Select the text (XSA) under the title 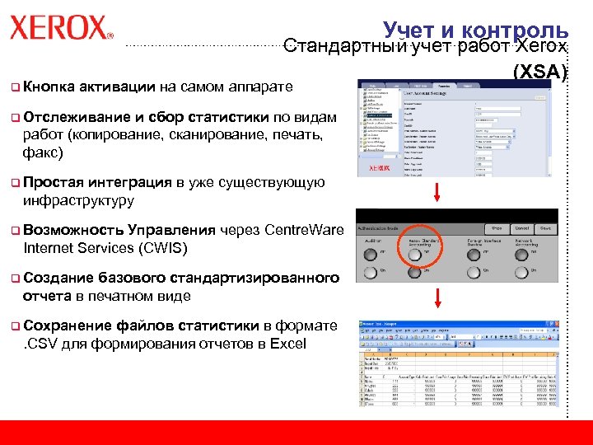pyautogui.click(x=540, y=73)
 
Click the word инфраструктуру pyautogui.click(x=78, y=200)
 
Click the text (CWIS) pyautogui.click(x=161, y=248)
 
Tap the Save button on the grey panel pyautogui.click(x=545, y=228)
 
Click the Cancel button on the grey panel pyautogui.click(x=521, y=228)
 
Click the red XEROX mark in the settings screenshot pyautogui.click(x=379, y=167)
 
